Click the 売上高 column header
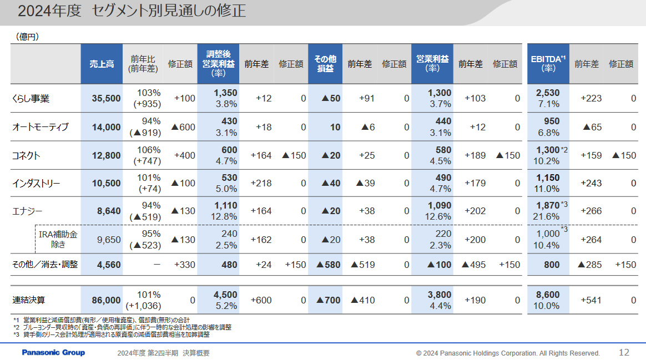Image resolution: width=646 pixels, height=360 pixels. click(x=102, y=64)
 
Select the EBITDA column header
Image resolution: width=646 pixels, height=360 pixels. click(x=548, y=64)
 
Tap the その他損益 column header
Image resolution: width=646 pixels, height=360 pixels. click(x=325, y=64)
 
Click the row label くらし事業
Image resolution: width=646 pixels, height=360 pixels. click(x=31, y=99)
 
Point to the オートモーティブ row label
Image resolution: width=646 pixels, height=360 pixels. click(x=41, y=127)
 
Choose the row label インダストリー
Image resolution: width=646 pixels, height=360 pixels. click(x=36, y=184)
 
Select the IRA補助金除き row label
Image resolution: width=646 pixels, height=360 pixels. click(x=58, y=239)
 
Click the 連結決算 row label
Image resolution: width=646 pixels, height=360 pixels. click(x=29, y=300)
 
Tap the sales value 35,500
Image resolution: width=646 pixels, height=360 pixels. click(x=106, y=99)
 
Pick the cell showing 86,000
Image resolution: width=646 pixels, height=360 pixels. click(x=106, y=300)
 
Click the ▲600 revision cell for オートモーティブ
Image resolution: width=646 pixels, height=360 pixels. click(x=183, y=127)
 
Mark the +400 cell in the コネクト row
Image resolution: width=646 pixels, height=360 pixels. click(x=185, y=155)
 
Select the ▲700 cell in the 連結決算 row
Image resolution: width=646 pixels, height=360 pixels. click(x=328, y=300)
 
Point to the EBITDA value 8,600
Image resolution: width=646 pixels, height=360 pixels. click(x=548, y=295)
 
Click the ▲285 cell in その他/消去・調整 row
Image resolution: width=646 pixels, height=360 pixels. click(x=589, y=265)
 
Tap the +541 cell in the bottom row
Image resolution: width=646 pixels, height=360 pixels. click(x=591, y=300)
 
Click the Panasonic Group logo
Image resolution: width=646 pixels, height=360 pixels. click(x=53, y=353)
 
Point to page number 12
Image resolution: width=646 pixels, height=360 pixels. click(x=624, y=352)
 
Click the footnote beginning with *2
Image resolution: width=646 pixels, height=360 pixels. click(x=122, y=327)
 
